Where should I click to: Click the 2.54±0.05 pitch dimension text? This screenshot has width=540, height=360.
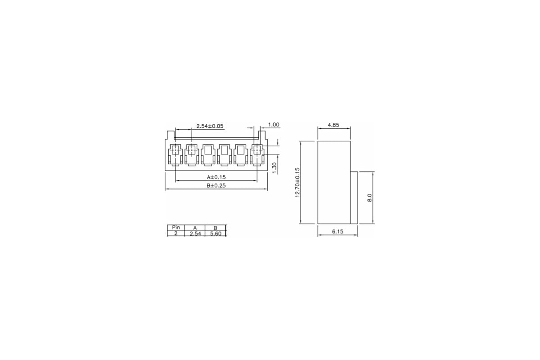pos(210,126)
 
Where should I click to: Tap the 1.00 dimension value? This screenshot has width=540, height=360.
pos(274,125)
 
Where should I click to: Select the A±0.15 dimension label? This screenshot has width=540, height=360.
pos(216,177)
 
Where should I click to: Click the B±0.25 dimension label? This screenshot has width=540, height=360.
pos(216,185)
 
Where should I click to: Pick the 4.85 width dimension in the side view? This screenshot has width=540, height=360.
pos(333,125)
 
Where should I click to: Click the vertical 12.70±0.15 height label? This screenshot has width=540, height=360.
pos(297,182)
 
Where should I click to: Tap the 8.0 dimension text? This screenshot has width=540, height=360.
pos(369,198)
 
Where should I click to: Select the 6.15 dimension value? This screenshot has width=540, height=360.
pos(337,231)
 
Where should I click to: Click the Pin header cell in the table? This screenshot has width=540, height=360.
pos(176,228)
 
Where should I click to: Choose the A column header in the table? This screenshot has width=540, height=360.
pos(195,228)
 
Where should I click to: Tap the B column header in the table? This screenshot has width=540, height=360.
pos(215,228)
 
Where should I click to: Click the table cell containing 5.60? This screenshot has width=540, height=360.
pos(215,234)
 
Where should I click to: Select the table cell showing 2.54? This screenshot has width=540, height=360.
pos(195,234)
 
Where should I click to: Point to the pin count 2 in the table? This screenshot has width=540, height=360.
pos(176,234)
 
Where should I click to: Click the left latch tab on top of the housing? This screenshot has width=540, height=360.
pos(170,135)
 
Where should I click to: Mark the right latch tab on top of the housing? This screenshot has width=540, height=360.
pos(262,135)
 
